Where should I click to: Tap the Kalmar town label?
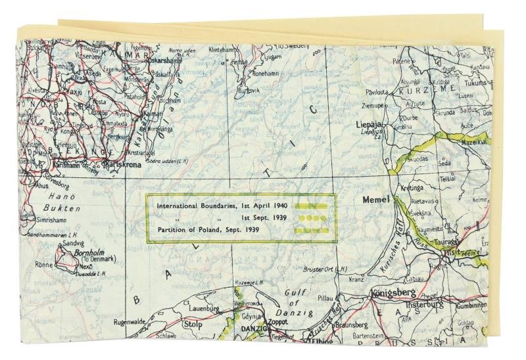pos(155,114)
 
